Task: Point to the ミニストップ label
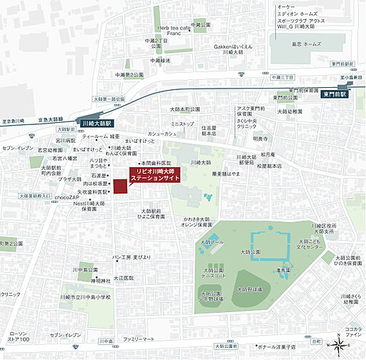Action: coord(182,124)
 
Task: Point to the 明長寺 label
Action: coord(259,138)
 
